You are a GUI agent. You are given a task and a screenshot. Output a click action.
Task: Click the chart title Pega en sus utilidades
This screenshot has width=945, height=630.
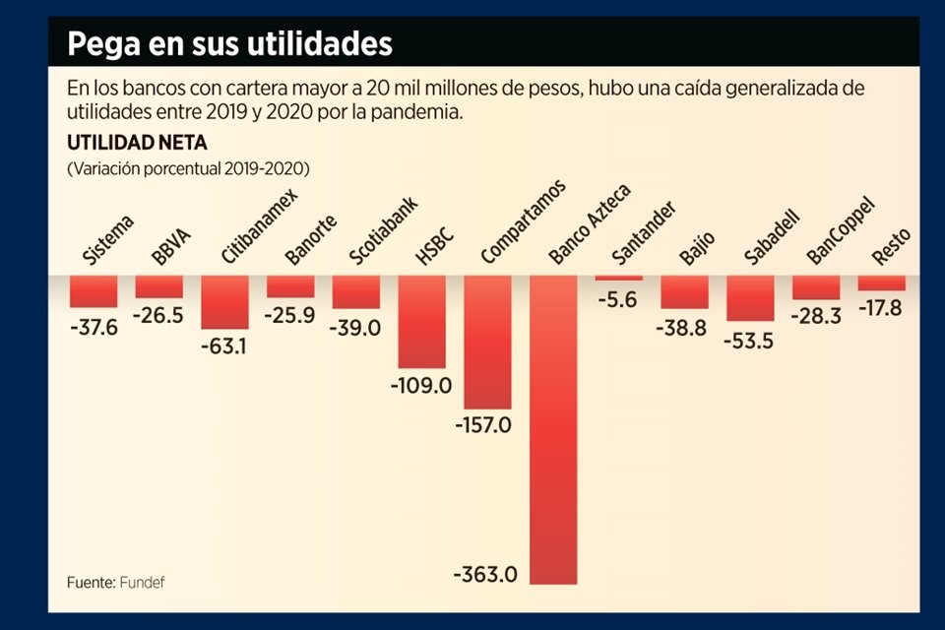pyautogui.click(x=229, y=44)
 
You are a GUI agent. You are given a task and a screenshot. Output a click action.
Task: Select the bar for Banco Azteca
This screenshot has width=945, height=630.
pyautogui.click(x=553, y=429)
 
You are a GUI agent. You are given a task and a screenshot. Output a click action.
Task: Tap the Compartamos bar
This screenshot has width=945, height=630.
pyautogui.click(x=487, y=343)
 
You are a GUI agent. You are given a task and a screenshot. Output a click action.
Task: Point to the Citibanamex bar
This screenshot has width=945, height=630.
pyautogui.click(x=224, y=302)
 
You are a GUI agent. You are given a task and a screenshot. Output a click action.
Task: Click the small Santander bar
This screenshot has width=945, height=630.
pyautogui.click(x=619, y=279)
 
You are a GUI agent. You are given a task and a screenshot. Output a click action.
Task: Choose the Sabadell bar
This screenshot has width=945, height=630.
pyautogui.click(x=750, y=298)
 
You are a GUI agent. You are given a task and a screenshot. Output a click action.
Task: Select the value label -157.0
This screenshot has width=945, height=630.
pyautogui.click(x=482, y=425)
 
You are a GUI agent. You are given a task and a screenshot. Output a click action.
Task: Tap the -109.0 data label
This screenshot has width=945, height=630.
pyautogui.click(x=420, y=385)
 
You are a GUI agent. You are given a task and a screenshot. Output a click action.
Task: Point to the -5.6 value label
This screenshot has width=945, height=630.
pyautogui.click(x=619, y=301)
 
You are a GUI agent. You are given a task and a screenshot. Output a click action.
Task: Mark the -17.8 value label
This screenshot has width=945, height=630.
pyautogui.click(x=882, y=307)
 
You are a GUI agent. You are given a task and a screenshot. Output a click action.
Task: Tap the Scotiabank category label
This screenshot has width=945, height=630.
pyautogui.click(x=383, y=231)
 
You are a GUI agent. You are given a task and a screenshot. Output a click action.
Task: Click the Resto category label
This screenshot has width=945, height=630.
pyautogui.click(x=890, y=246)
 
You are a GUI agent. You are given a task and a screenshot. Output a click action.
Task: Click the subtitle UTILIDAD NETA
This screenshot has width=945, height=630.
pyautogui.click(x=122, y=143)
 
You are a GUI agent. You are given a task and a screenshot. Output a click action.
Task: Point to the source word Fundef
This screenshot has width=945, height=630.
pyautogui.click(x=143, y=582)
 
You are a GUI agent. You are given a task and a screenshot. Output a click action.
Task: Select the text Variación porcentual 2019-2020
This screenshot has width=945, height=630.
pyautogui.click(x=188, y=168)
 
